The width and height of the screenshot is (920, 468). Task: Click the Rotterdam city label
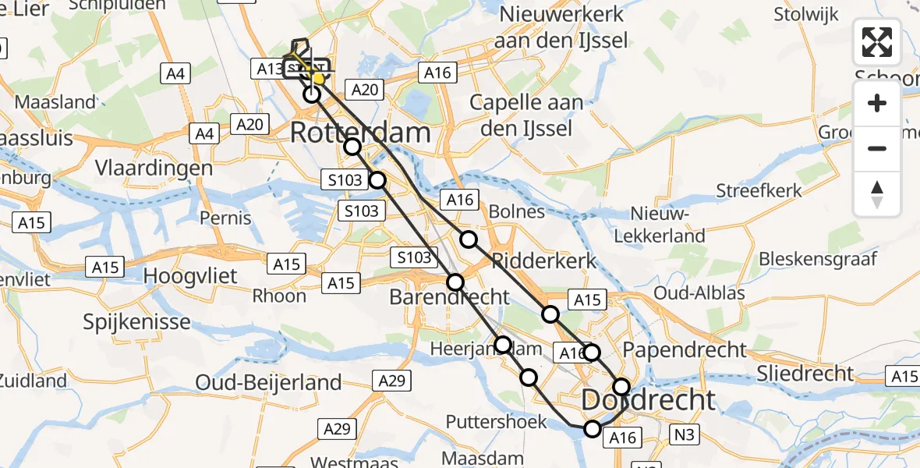[360, 133]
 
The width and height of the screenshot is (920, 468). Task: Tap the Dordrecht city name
[648, 400]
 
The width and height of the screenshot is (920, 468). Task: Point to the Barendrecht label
[449, 297]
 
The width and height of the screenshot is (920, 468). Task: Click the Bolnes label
[516, 212]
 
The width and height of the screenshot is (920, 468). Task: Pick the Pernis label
[225, 217]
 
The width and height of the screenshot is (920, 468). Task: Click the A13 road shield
[269, 69]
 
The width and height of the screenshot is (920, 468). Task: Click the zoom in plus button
[877, 104]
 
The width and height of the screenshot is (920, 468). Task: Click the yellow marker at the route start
[317, 78]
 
